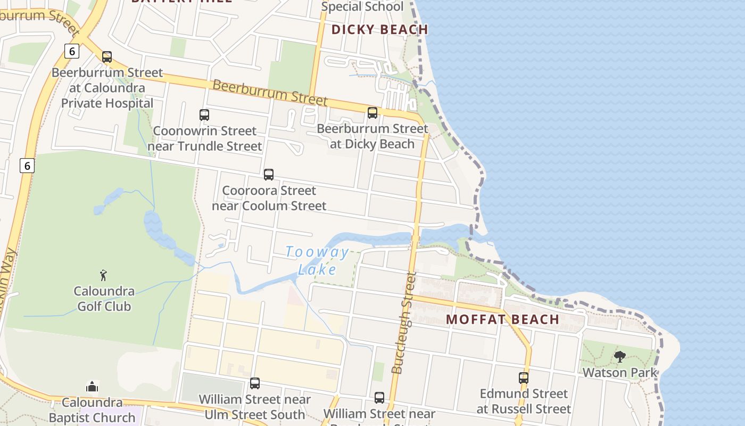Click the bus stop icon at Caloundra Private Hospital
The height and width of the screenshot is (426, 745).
coord(107,57)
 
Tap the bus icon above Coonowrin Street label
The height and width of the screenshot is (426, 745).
coord(204,114)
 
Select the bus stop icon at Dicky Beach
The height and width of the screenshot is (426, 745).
coord(372,113)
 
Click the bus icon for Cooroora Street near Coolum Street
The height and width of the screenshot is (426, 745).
coord(269,175)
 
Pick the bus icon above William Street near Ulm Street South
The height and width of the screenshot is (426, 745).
coord(255,383)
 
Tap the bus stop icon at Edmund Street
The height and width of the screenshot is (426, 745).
coord(524,378)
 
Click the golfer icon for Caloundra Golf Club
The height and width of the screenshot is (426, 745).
coord(104,275)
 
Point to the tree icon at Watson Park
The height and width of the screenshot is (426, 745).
coord(619,357)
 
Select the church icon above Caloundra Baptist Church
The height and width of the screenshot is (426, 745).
coord(92,386)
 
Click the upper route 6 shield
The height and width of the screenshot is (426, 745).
coord(71,51)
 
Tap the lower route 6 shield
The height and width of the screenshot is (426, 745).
coord(27,166)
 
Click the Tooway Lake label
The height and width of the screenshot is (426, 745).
coord(318,260)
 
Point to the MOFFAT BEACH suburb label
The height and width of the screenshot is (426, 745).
coord(502,319)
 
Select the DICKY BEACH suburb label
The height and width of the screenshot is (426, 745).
coord(379,29)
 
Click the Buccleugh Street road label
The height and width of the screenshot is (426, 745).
coord(404,323)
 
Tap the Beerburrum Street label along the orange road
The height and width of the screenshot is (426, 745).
coord(270,92)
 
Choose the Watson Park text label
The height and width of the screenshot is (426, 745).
coord(620,372)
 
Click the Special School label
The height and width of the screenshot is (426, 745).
coord(362,7)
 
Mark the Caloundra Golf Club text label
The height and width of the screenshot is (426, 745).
coord(104,299)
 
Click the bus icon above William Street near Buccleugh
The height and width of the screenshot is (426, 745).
coord(379,398)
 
